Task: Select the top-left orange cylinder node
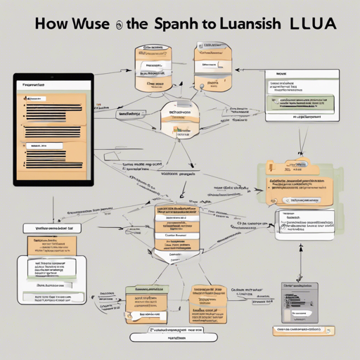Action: [x=153, y=68]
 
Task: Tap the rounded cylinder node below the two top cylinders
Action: [x=180, y=120]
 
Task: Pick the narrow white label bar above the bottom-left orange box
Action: [x=49, y=228]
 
